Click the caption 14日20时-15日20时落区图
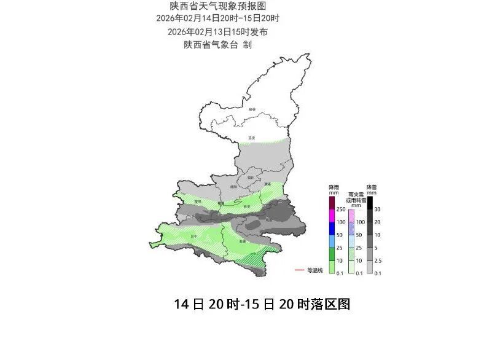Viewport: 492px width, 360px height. click(x=262, y=305)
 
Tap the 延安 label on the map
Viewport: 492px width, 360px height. click(x=251, y=138)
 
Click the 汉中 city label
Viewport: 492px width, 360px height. click(x=196, y=235)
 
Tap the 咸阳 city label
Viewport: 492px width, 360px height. click(x=233, y=186)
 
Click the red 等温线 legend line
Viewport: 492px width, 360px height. click(x=299, y=270)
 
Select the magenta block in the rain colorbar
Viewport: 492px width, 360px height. click(x=332, y=215)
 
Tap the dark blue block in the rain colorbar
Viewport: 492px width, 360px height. click(x=332, y=228)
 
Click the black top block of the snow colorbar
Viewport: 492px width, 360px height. click(x=370, y=203)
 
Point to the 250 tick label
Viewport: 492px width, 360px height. click(x=340, y=209)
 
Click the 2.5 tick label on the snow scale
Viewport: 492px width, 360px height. click(x=378, y=260)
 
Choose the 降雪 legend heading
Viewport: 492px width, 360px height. click(x=371, y=187)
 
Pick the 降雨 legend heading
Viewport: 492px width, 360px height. click(x=333, y=187)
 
